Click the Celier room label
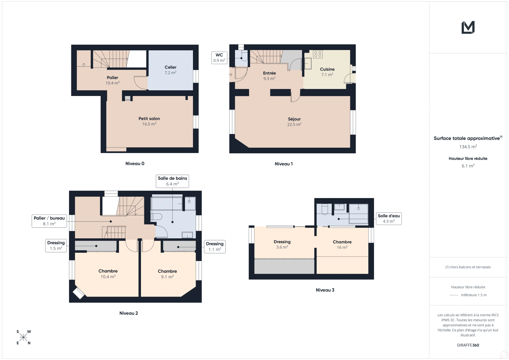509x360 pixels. coord(170,70)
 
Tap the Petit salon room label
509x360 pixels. coord(149,121)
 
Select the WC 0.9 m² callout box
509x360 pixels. coord(219,58)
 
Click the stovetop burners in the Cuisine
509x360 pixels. coord(318,54)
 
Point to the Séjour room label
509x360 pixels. coord(294,121)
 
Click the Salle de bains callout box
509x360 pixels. coord(172,181)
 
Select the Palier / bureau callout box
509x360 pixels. coord(49,221)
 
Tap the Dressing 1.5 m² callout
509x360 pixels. coord(56,245)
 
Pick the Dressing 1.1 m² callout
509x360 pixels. coord(215,246)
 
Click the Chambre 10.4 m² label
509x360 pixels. coord(108,274)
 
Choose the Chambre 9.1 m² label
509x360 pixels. coord(167,274)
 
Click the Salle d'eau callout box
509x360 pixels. coord(389,218)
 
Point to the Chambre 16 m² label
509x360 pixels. coord(342,244)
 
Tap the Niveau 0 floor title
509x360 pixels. coord(135,163)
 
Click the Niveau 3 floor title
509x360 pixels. coord(325,290)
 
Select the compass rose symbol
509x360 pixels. coord(23,337)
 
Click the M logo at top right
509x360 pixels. coord(468,27)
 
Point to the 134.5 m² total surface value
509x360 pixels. coord(468,147)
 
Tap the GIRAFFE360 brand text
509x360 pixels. coord(468,345)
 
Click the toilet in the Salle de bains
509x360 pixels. coord(156,217)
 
